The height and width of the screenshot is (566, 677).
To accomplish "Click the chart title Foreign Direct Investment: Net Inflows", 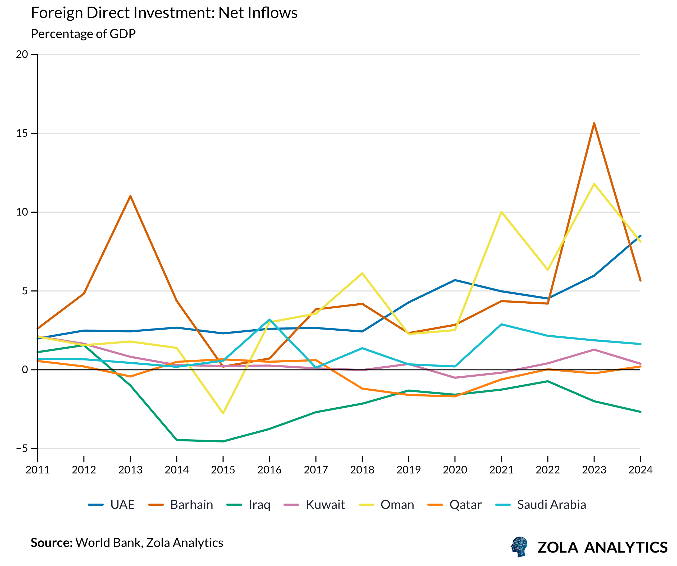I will [164, 13].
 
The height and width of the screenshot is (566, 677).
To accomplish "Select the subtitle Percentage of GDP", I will [83, 34].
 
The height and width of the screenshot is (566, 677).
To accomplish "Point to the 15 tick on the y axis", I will [22, 133].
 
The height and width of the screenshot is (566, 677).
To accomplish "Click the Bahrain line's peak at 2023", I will [594, 123].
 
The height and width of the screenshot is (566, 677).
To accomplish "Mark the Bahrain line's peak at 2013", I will [130, 196].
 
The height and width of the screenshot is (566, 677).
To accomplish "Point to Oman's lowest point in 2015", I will [223, 413].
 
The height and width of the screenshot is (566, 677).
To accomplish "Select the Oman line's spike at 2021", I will [501, 212].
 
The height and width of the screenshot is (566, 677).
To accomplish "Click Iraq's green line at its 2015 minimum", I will [223, 441].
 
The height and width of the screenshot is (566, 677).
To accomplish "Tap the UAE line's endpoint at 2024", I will [640, 236].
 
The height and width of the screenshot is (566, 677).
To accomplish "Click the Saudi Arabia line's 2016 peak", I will [269, 319].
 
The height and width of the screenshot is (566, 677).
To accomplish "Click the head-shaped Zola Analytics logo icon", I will [519, 547].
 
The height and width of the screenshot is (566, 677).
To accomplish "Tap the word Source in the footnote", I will [52, 543].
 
